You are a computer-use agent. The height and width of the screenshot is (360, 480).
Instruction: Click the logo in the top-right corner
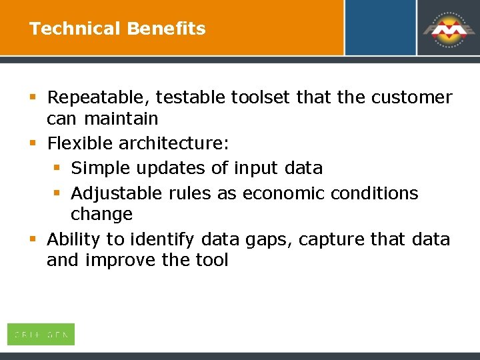click(x=447, y=29)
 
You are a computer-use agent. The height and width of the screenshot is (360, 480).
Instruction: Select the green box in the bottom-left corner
click(x=41, y=334)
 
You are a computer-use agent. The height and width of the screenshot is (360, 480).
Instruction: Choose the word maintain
click(x=121, y=119)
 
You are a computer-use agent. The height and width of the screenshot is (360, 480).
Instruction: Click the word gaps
click(x=269, y=239)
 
